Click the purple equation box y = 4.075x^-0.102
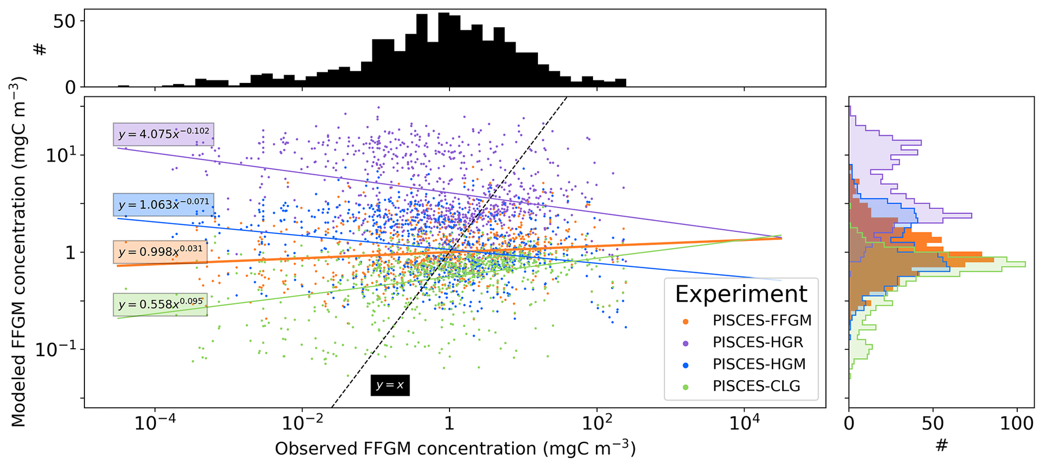pos(163,134)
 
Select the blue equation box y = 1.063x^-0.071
pos(163,204)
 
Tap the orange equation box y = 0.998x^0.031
pos(160,251)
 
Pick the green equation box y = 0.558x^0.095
pos(160,304)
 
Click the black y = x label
pos(389,385)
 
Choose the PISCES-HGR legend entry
pos(758,342)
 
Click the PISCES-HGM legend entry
pos(759,364)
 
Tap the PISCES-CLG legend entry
pos(756,386)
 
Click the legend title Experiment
pos(741,294)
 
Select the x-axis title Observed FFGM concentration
pos(455,448)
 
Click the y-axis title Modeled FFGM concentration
pos(19,252)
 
